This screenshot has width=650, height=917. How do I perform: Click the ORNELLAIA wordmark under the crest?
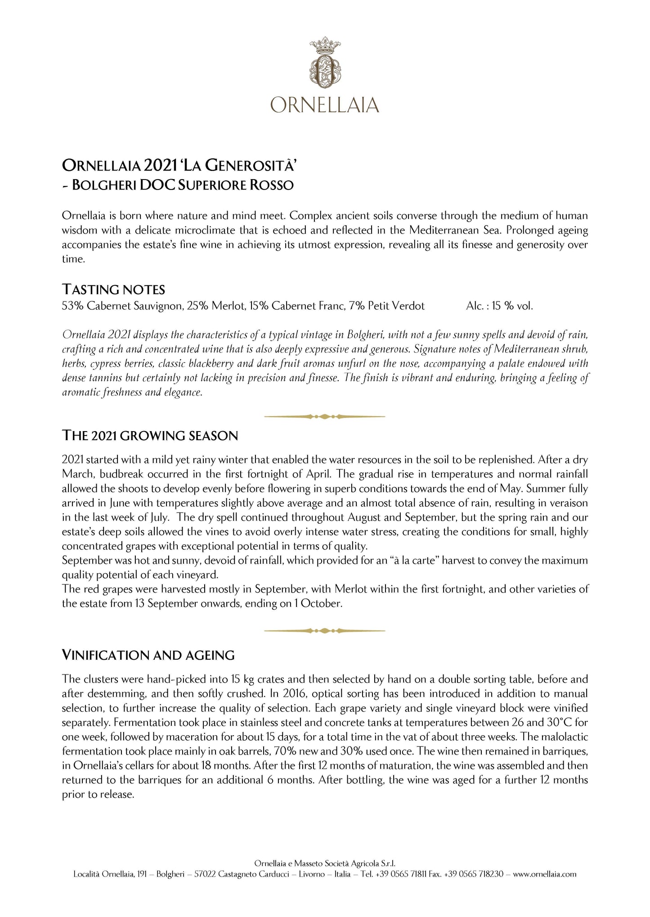(x=325, y=105)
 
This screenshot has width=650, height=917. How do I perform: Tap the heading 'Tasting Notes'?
(x=113, y=289)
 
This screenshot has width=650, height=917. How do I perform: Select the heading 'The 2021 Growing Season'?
(x=150, y=436)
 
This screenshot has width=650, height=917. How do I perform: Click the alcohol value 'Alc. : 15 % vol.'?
(x=499, y=306)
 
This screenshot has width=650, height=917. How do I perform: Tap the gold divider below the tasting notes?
(x=325, y=417)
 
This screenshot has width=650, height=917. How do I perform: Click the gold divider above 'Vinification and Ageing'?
(x=325, y=631)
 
